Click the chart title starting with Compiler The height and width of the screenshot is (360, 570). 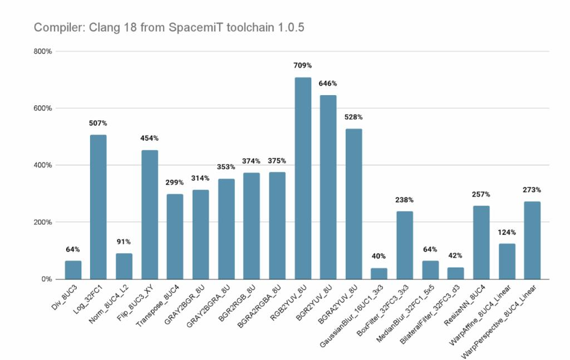coord(169,27)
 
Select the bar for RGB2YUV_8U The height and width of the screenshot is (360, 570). coord(303,178)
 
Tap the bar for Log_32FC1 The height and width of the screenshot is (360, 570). coord(98,206)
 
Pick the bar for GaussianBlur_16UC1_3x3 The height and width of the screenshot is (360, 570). coord(379,273)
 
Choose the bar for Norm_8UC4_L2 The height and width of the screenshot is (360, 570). coord(124,266)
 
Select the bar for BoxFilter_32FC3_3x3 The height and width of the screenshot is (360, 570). coord(405,245)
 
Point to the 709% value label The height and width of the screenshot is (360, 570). coord(303,66)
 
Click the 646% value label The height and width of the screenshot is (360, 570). coord(328,83)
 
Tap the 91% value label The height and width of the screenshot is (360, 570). coord(124,241)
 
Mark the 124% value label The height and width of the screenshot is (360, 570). coord(507,232)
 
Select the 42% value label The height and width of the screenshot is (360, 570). coord(455,255)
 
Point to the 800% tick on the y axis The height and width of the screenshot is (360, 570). coord(42,51)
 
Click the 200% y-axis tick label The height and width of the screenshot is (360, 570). coord(42,222)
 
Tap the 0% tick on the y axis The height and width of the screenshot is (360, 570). coord(46,279)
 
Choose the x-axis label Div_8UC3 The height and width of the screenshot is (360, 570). coord(65,297)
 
